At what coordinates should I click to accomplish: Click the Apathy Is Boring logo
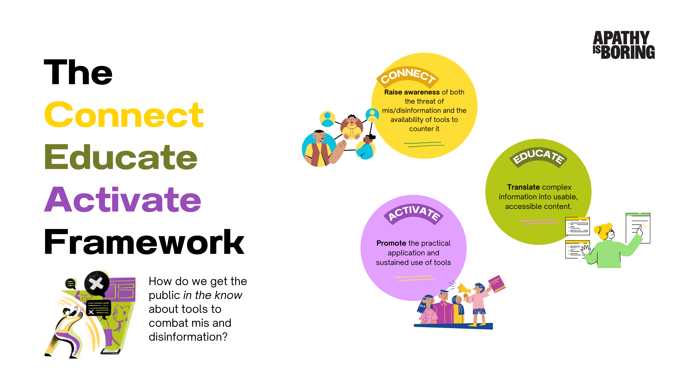click(623, 45)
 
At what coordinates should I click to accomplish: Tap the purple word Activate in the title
click(123, 200)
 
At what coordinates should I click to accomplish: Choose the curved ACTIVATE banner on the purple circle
click(413, 213)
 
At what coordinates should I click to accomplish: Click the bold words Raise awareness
click(412, 92)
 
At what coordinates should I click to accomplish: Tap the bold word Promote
click(391, 243)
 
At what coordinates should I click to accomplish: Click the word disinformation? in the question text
click(188, 337)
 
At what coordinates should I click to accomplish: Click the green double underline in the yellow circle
click(424, 144)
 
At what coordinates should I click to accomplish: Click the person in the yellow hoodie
click(352, 128)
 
